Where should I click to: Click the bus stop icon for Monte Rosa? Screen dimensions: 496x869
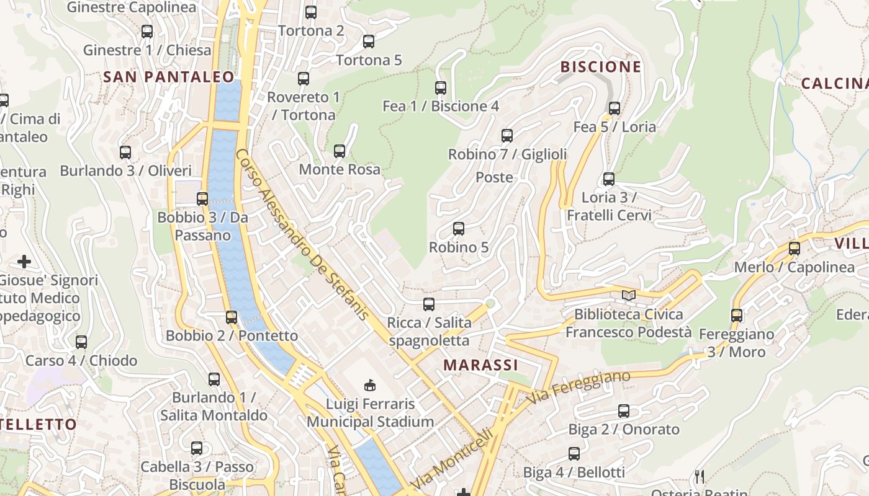pos(340,151)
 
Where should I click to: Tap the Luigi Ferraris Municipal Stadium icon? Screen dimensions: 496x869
pos(370,385)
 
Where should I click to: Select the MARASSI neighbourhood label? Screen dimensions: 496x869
pos(480,365)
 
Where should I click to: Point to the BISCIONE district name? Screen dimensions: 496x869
pos(600,67)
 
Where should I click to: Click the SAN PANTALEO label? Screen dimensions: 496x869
pos(169,77)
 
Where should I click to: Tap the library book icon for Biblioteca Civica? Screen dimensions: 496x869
pos(629,295)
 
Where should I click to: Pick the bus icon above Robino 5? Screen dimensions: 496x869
pos(459,229)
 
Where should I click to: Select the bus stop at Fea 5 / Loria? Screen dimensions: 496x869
pos(615,108)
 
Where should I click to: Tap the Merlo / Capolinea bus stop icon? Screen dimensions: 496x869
pos(795,249)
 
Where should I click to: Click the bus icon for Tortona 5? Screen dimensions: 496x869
pos(369,42)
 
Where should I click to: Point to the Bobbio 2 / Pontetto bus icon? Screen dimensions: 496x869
pos(232,317)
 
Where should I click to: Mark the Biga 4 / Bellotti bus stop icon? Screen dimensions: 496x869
pos(574,454)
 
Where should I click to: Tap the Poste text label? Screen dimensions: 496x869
pos(494,177)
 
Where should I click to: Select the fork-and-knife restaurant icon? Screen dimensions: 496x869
pos(700,476)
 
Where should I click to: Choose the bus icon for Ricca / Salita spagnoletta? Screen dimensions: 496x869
pos(429,304)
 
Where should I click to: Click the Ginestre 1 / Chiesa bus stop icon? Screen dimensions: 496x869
pos(147,31)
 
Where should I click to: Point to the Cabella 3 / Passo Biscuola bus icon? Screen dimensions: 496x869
pos(197,448)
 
